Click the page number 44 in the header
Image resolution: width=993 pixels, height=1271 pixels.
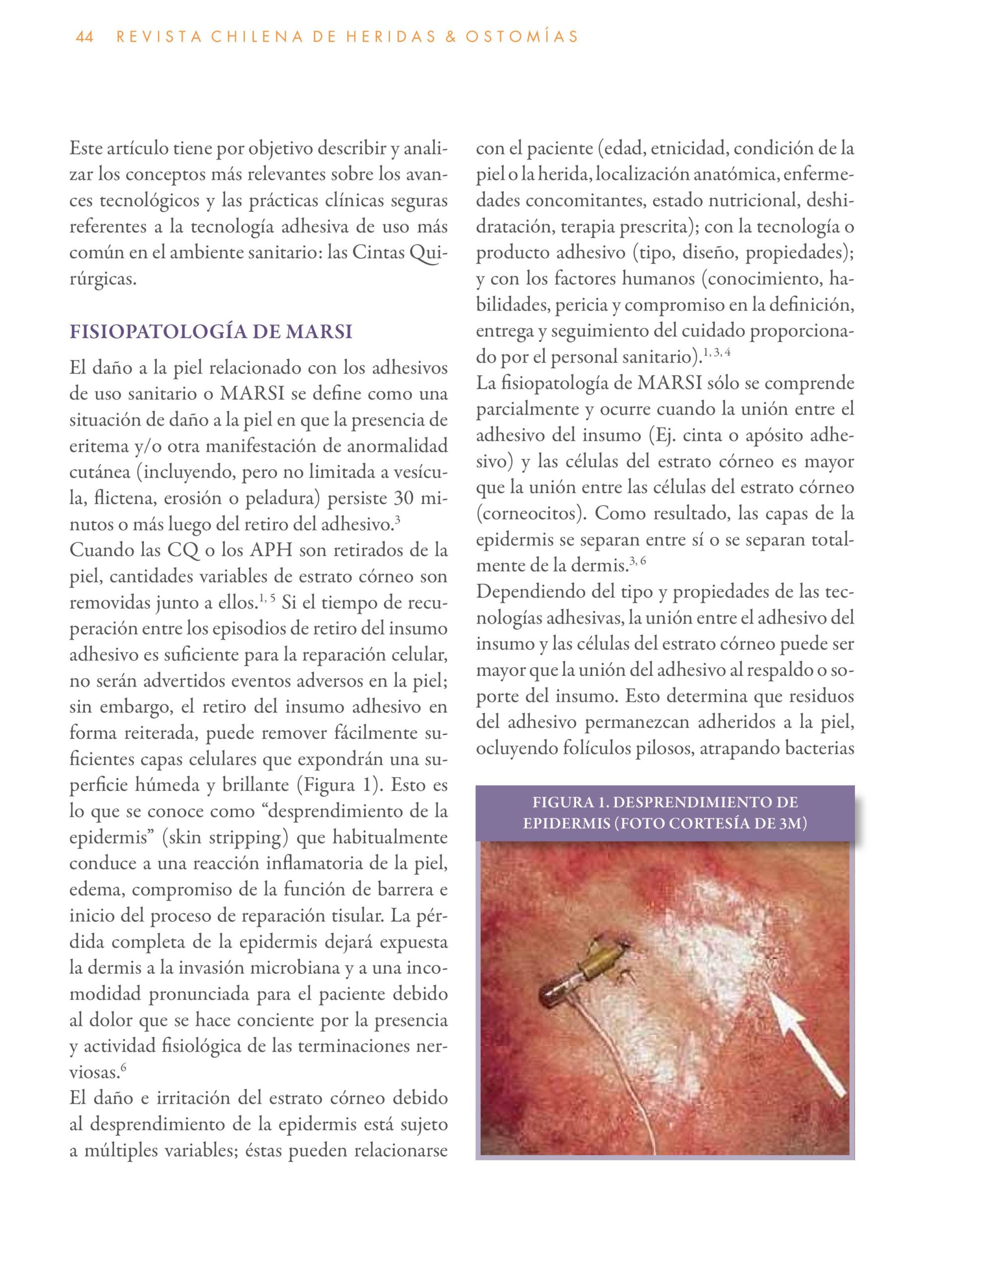84,37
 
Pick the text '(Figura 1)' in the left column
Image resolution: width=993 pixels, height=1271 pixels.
340,785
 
